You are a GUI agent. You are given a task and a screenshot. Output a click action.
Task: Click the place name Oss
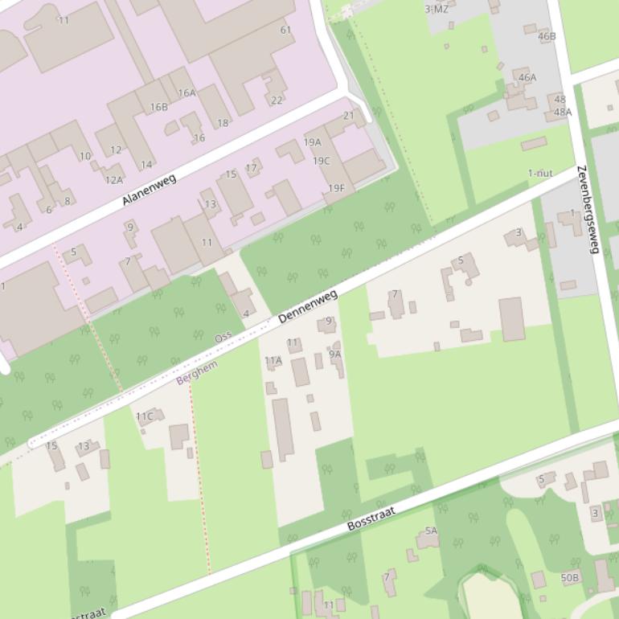(x=223, y=338)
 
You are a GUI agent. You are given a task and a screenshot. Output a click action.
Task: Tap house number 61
(x=285, y=30)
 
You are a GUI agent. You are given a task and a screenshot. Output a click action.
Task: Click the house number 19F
(x=336, y=189)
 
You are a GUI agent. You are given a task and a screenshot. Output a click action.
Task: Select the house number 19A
(x=312, y=142)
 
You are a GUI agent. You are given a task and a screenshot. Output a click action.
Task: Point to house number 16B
(x=158, y=107)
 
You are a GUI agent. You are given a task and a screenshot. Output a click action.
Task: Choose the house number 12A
(x=113, y=180)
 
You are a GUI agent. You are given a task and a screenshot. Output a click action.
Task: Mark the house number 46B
(x=547, y=36)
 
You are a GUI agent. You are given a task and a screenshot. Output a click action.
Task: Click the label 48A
(x=562, y=113)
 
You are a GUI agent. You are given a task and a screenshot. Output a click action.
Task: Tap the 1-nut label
(x=540, y=173)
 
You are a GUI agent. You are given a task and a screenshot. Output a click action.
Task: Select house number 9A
(x=334, y=354)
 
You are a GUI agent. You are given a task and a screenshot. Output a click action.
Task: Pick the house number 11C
(x=144, y=416)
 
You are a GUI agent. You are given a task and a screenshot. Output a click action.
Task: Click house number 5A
(x=431, y=531)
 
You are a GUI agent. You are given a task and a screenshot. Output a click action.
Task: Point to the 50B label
(x=569, y=578)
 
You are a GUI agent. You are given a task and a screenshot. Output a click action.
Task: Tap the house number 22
(x=277, y=100)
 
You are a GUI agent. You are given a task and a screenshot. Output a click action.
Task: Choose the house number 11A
(x=273, y=361)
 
